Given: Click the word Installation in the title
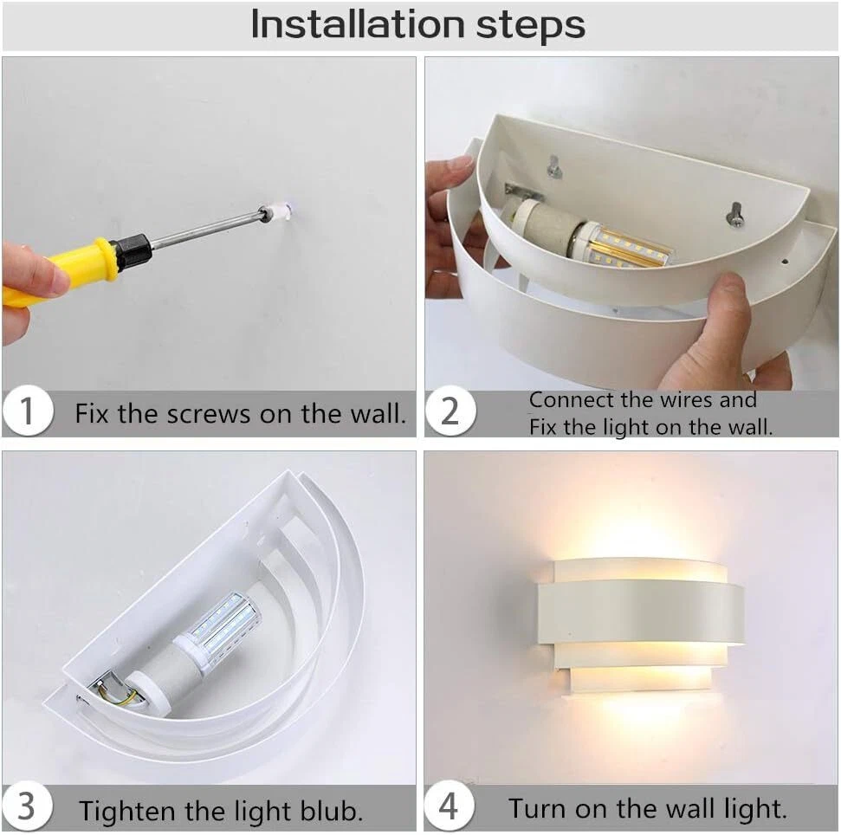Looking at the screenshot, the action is (x=358, y=24).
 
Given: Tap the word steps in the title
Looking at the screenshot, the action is (x=530, y=27).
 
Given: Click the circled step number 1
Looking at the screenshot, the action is (x=27, y=411).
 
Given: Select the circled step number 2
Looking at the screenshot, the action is (x=450, y=411).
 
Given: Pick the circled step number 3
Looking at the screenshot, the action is (x=27, y=806).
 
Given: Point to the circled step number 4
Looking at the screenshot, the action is (x=449, y=806).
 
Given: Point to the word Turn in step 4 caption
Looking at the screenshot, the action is (x=538, y=808).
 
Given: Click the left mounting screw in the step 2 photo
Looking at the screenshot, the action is (x=554, y=167).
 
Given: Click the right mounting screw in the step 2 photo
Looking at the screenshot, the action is (x=734, y=214).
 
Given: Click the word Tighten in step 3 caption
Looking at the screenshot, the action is (x=128, y=812).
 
